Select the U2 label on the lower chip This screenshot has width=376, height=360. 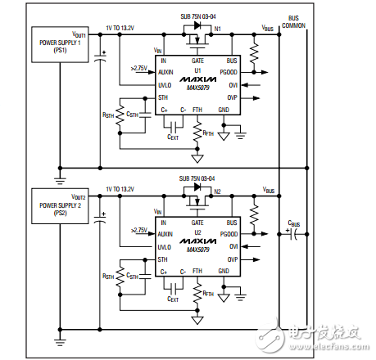(197, 232)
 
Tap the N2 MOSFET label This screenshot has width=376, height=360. (217, 191)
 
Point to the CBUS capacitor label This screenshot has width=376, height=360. (292, 223)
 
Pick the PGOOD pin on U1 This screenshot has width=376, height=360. (229, 72)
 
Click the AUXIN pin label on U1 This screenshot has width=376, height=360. (166, 72)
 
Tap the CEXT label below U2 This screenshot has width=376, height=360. (172, 299)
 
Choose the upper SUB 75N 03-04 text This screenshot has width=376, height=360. (197, 16)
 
